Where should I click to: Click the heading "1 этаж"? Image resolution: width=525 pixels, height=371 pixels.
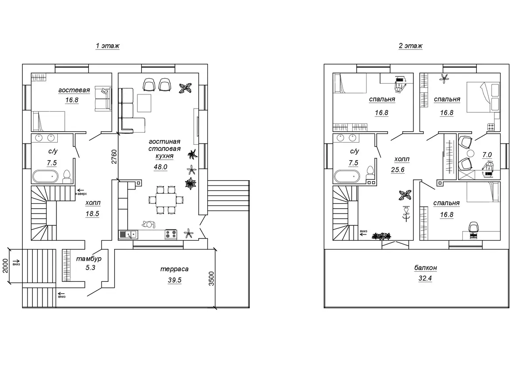108,45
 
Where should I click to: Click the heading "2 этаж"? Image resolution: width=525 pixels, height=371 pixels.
411,45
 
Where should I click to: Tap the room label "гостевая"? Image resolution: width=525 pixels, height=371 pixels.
74,90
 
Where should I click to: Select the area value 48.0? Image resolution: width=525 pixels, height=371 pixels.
161,167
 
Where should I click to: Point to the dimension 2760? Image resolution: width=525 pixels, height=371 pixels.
114,157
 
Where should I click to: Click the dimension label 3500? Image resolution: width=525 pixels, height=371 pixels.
211,279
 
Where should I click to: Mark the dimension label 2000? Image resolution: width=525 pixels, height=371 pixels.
5,266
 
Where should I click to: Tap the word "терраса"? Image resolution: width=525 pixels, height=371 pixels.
175,269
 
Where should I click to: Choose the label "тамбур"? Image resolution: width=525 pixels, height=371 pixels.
89,259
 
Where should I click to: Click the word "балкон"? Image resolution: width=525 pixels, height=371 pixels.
426,268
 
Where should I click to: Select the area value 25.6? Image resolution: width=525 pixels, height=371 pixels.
398,169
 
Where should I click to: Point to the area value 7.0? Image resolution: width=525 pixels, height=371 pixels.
487,155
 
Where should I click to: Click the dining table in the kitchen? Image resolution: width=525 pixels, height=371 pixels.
166,200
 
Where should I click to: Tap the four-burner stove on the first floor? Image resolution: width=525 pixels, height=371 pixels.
171,234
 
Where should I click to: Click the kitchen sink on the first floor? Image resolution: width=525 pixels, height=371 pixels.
128,234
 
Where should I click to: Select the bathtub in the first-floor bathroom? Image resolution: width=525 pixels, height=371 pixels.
45,176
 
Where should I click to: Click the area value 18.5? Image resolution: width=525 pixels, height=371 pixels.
92,214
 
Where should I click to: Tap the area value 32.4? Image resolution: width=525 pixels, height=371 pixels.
425,278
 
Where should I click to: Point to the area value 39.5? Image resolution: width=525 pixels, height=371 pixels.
175,280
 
